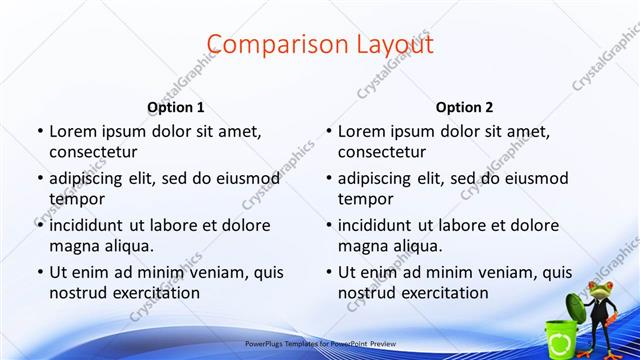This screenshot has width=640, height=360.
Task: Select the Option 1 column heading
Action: coord(176,107)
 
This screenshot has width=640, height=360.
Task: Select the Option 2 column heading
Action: coord(465,107)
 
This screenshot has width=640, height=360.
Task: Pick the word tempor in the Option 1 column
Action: coord(75,199)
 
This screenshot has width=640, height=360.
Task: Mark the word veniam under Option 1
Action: coord(210,272)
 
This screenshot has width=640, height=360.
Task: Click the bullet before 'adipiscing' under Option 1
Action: coord(39,179)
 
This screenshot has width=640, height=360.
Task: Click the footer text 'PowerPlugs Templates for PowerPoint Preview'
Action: coord(319,342)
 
